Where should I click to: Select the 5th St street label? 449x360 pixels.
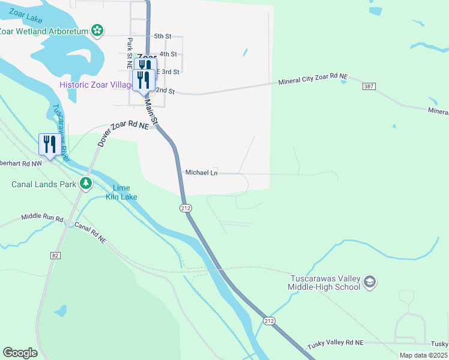coord(163,37)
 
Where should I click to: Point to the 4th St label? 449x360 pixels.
coord(169,54)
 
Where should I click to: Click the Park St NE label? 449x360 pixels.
coord(129,53)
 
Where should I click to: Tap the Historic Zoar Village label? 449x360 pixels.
coord(95,85)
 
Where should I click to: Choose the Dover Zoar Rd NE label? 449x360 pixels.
coord(123,133)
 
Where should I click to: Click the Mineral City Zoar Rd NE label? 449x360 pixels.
coord(313,80)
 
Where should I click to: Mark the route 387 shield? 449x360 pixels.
coord(369,87)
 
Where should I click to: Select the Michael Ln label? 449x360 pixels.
coord(201,173)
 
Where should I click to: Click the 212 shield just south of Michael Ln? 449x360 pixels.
coord(185,208)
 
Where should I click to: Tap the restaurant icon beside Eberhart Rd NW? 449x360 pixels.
coord(48,145)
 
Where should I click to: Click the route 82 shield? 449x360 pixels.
coord(55,256)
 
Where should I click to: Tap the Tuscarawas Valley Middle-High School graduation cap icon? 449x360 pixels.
coord(370,282)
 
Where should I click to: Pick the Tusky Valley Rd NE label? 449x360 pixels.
coord(335,343)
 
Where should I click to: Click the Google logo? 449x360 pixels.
coord(20,352)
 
